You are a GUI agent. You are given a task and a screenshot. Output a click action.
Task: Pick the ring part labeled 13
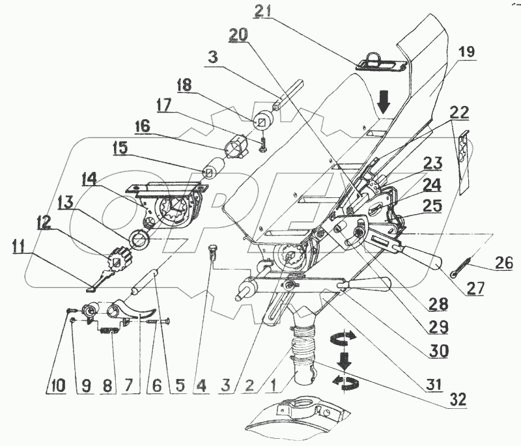click(141, 241)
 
